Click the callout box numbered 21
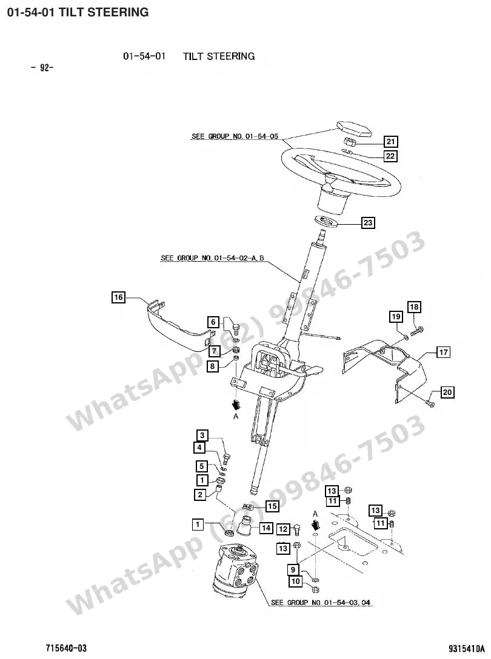[x=390, y=142]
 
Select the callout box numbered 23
[x=368, y=222]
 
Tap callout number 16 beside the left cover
[x=119, y=297]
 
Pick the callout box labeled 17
[x=443, y=352]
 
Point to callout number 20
[x=447, y=392]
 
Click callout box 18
[x=414, y=307]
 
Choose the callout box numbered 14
[x=266, y=528]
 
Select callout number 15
[x=272, y=506]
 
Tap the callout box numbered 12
[x=283, y=529]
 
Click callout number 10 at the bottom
[x=295, y=581]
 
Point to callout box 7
[x=214, y=351]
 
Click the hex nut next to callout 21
[x=350, y=142]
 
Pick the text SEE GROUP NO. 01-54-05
[x=235, y=136]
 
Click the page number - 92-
[x=42, y=67]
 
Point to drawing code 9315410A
[x=467, y=649]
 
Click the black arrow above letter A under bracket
[x=236, y=405]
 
